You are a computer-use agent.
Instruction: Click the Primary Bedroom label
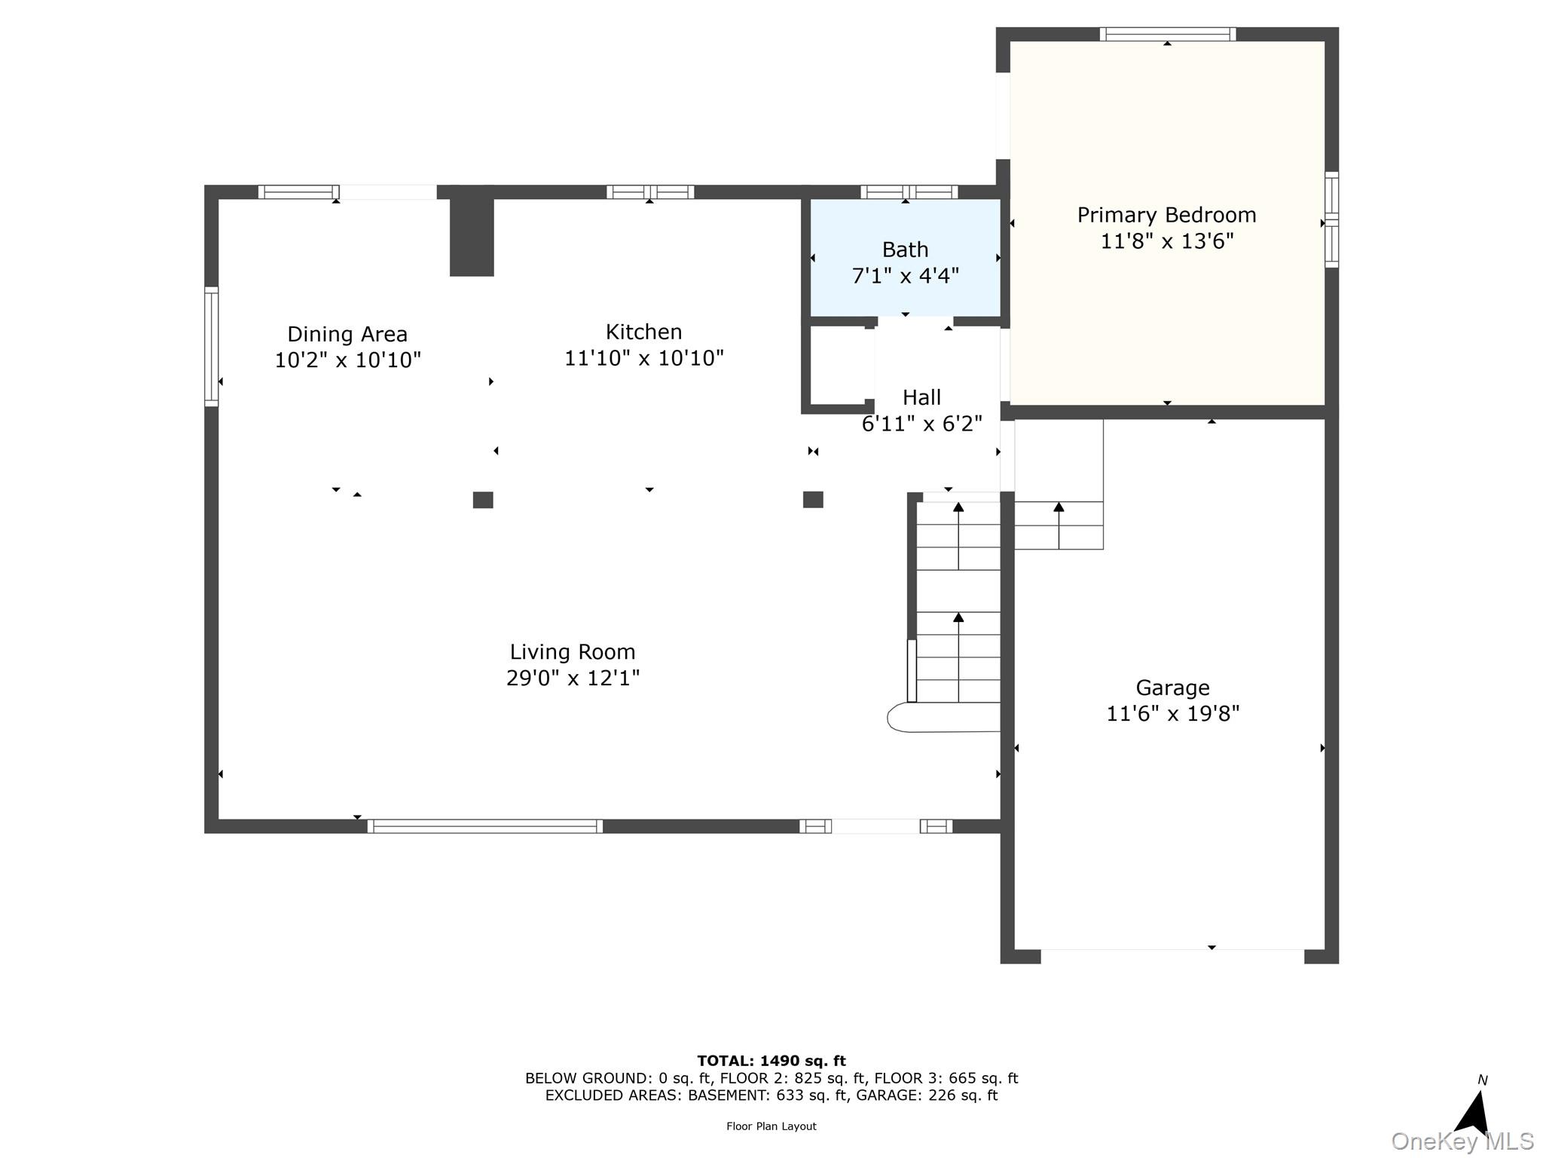pyautogui.click(x=1166, y=216)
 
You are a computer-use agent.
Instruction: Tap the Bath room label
pyautogui.click(x=905, y=250)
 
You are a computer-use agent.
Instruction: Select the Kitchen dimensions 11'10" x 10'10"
pyautogui.click(x=644, y=358)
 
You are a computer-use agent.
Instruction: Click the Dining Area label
pyautogui.click(x=347, y=334)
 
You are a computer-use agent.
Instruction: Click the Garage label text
pyautogui.click(x=1172, y=688)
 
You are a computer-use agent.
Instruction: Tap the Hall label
pyautogui.click(x=921, y=397)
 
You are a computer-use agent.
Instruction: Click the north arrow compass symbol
pyautogui.click(x=1473, y=1111)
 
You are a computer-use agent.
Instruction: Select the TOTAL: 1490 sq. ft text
pyautogui.click(x=771, y=1061)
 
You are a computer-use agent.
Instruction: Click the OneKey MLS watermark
pyautogui.click(x=1462, y=1141)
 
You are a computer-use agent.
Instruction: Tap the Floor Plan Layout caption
pyautogui.click(x=771, y=1126)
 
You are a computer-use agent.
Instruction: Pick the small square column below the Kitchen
pyautogui.click(x=813, y=499)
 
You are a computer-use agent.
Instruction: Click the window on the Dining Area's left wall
pyautogui.click(x=212, y=347)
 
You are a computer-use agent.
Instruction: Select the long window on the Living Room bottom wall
pyautogui.click(x=485, y=826)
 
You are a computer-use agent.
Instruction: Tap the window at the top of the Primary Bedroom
pyautogui.click(x=1167, y=34)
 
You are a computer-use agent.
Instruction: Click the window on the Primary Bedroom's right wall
pyautogui.click(x=1331, y=219)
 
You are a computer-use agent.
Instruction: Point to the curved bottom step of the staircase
pyautogui.click(x=942, y=717)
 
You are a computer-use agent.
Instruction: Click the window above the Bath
pyautogui.click(x=909, y=192)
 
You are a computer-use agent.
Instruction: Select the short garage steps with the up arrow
pyautogui.click(x=1059, y=525)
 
